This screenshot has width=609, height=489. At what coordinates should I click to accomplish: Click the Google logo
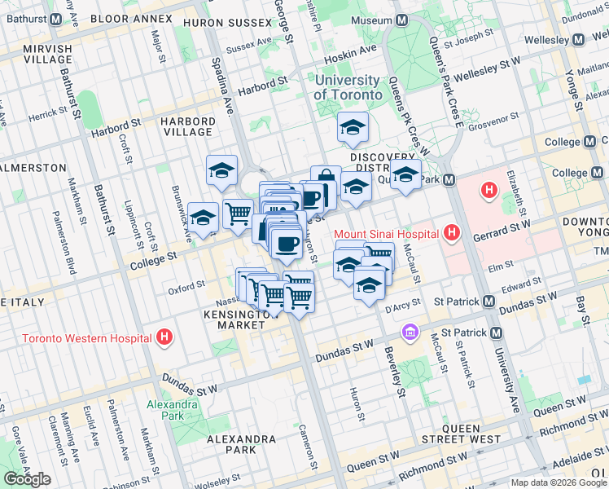pyautogui.click(x=27, y=479)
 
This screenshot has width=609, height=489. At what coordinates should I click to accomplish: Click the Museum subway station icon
pyautogui.click(x=401, y=20)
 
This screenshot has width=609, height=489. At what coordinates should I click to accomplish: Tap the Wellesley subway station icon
pyautogui.click(x=578, y=39)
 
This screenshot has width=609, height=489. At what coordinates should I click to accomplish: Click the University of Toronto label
pyautogui.click(x=347, y=87)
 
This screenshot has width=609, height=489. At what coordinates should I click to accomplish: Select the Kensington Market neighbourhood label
pyautogui.click(x=234, y=319)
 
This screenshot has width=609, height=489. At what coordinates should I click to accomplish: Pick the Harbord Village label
pyautogui.click(x=188, y=127)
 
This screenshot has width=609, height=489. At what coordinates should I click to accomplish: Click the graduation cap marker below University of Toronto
pyautogui.click(x=353, y=127)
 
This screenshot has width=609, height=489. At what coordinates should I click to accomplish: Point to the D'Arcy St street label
pyautogui.click(x=402, y=304)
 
